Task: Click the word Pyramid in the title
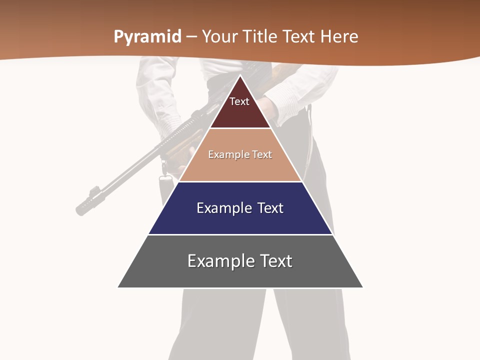pyautogui.click(x=147, y=37)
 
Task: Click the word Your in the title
pyautogui.click(x=219, y=37)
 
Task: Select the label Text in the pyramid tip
pyautogui.click(x=239, y=101)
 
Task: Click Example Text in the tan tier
pyautogui.click(x=240, y=154)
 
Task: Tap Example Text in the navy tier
pyautogui.click(x=240, y=208)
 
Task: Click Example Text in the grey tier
pyautogui.click(x=240, y=261)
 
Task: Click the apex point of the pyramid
pyautogui.click(x=240, y=75)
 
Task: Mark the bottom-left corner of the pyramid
pyautogui.click(x=118, y=287)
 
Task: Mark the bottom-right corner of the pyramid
pyautogui.click(x=362, y=287)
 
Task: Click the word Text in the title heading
pyautogui.click(x=298, y=37)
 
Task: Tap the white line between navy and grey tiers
pyautogui.click(x=240, y=234)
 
